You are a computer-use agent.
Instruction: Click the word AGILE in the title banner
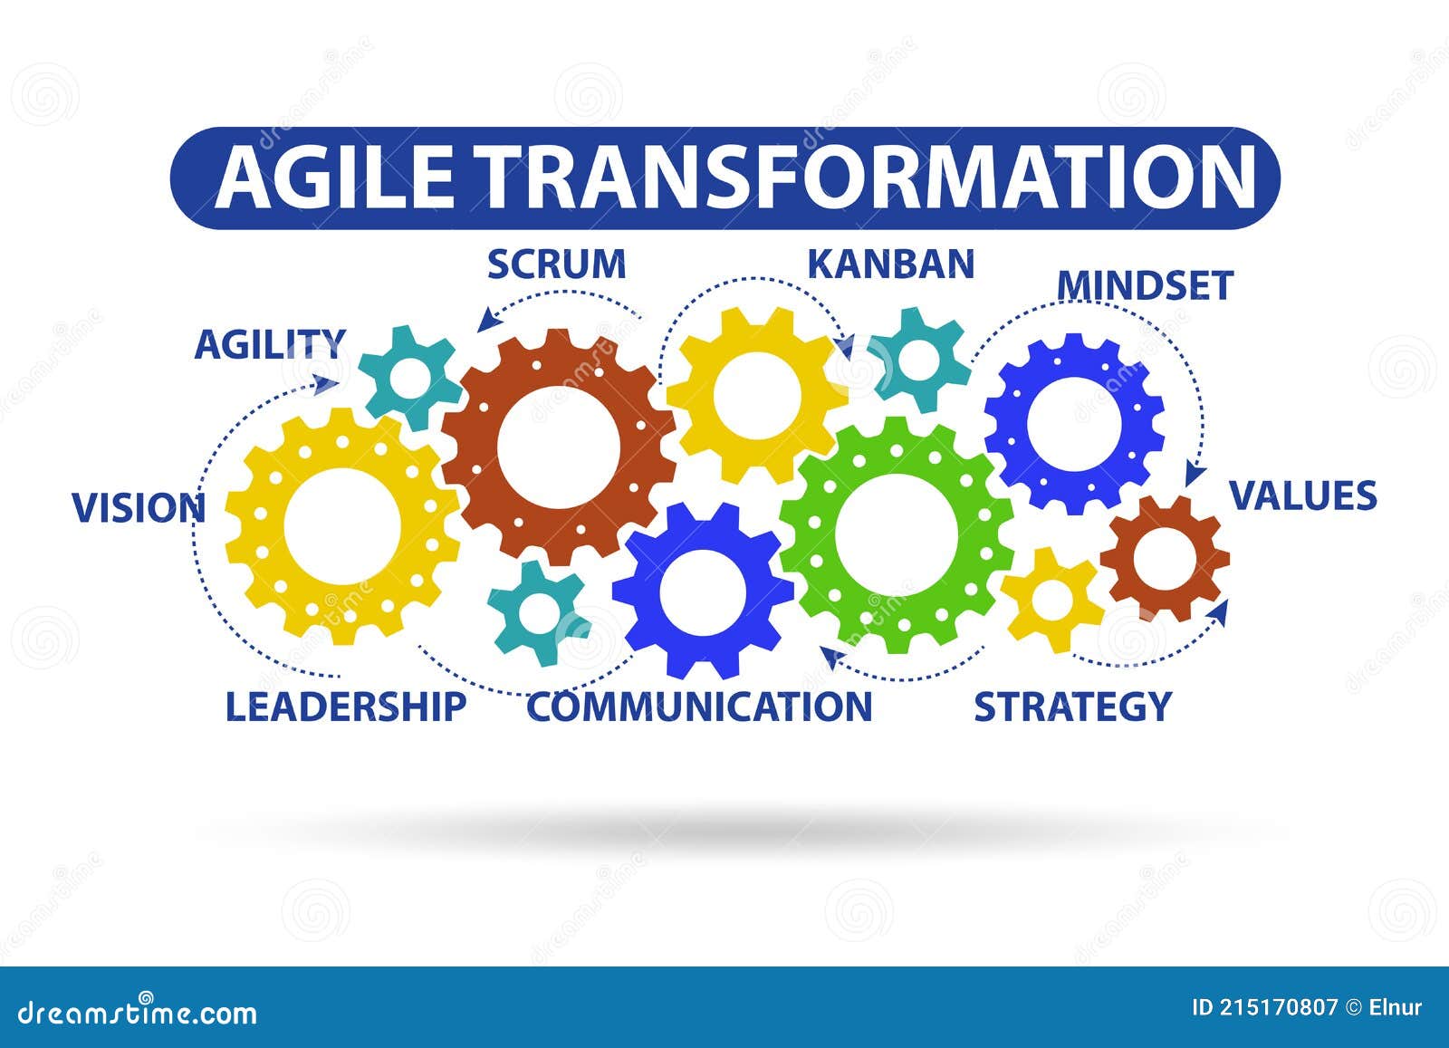coord(334,177)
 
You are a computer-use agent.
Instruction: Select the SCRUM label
coord(556,264)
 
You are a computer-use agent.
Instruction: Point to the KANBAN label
coord(891,264)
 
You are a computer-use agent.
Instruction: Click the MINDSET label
coord(1145,285)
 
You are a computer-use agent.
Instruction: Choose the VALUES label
coord(1303,496)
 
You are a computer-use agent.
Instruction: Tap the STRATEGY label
coord(1072,707)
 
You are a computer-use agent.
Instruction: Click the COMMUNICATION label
coord(699,707)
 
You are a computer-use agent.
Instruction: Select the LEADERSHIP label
coord(345,707)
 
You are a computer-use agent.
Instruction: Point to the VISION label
coord(139,508)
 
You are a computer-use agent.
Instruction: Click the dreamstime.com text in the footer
coord(137,1013)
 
